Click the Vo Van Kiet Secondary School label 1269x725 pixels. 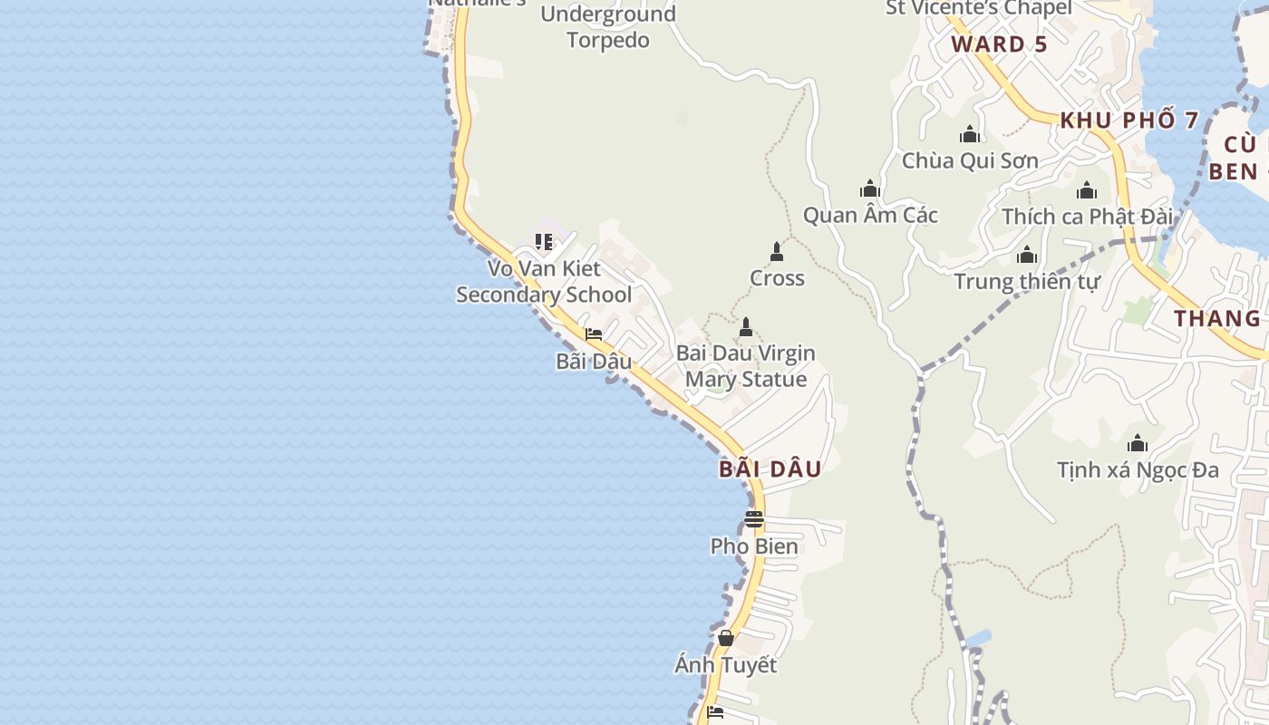click(x=544, y=282)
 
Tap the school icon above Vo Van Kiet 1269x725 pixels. click(x=544, y=242)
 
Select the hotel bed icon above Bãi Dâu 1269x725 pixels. click(x=594, y=334)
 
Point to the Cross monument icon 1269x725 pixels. click(x=776, y=251)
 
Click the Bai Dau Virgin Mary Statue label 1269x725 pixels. click(x=746, y=366)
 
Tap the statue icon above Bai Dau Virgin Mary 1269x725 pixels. click(x=746, y=326)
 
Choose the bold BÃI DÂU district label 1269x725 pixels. click(x=770, y=469)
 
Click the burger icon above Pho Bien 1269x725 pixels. click(x=754, y=519)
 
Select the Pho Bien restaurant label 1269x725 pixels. click(x=754, y=546)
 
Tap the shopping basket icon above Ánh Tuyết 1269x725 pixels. click(x=725, y=638)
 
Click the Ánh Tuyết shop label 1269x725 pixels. click(x=725, y=665)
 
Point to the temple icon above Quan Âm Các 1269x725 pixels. click(x=870, y=188)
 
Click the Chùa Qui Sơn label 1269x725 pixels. click(x=970, y=161)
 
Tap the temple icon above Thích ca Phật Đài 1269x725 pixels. click(x=1087, y=190)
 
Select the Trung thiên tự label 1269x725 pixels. click(x=1027, y=282)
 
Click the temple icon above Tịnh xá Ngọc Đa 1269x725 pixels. click(x=1138, y=443)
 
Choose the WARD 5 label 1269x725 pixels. click(x=999, y=44)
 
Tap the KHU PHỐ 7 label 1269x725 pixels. click(x=1129, y=120)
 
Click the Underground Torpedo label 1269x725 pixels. click(x=608, y=27)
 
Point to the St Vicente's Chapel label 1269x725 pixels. click(x=978, y=8)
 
